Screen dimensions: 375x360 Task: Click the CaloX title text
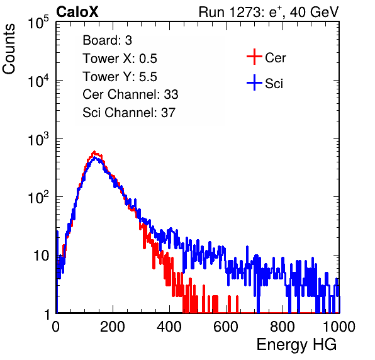pos(77,12)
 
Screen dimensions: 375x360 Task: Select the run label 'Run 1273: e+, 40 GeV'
pos(269,12)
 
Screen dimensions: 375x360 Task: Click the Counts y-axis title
pos(9,49)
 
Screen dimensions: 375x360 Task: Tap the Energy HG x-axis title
pos(296,345)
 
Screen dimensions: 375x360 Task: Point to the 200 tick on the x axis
pos(113,327)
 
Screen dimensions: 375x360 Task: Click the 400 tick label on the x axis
pos(169,327)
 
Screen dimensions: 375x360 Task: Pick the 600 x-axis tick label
pos(226,327)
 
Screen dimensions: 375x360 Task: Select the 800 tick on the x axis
pos(283,327)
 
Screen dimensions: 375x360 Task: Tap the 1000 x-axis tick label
pos(339,327)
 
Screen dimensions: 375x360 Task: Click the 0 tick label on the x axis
pos(56,327)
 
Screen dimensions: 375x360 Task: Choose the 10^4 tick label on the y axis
pos(38,81)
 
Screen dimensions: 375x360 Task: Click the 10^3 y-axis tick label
pos(38,139)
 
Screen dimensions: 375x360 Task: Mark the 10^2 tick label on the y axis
pos(38,198)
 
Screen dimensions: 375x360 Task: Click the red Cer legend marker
pos(254,57)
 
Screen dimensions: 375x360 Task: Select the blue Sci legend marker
pos(254,83)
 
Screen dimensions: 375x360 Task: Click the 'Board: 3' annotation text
pos(107,40)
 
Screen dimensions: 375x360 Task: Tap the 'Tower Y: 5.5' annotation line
pos(120,77)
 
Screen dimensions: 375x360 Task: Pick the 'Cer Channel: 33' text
pos(130,94)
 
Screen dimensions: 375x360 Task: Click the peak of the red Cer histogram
pos(94,152)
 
